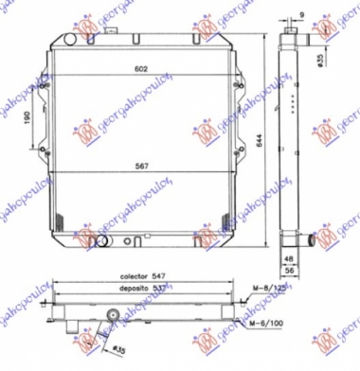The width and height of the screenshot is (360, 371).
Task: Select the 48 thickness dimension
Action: [x=288, y=256]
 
